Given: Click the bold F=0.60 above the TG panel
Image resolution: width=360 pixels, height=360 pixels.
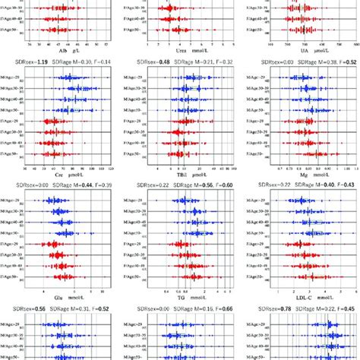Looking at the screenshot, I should pos(226,185).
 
